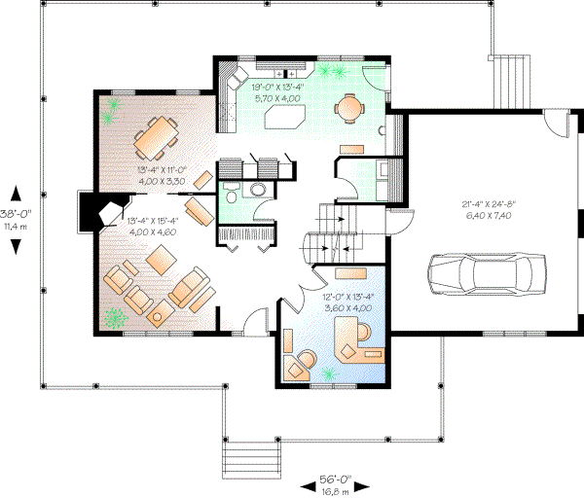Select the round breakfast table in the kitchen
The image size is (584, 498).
pos(347,107)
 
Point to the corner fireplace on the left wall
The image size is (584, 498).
pos(101,209)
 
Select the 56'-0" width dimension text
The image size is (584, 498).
pos(335,480)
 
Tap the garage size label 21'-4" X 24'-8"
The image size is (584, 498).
pos(489,204)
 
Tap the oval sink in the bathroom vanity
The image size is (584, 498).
pos(259,189)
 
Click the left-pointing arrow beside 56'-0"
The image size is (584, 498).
pos(300,484)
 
